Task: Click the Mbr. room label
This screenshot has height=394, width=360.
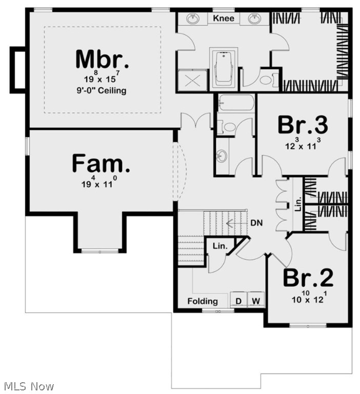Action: pos(102,60)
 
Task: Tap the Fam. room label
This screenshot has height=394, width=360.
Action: pos(101,163)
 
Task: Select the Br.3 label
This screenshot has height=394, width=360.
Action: pos(303,125)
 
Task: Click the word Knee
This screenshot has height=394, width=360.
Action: pos(224,18)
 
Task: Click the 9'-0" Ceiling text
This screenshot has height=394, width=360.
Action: pos(102,90)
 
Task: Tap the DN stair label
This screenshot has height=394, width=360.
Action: pos(256,223)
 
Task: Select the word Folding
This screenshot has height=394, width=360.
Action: pos(203,301)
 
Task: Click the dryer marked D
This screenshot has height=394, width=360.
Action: pos(238,300)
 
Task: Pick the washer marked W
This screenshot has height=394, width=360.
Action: pos(256,300)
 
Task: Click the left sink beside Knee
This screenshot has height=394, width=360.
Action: pos(193,18)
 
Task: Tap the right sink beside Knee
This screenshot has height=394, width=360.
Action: pos(255,18)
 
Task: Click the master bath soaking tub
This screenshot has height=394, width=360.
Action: pos(224,67)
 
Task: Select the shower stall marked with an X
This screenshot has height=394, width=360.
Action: pos(192,80)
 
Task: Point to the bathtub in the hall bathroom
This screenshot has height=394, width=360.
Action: pos(236,103)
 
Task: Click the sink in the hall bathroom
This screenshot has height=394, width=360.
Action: pos(222,156)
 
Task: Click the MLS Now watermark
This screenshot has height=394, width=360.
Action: pos(29,386)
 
